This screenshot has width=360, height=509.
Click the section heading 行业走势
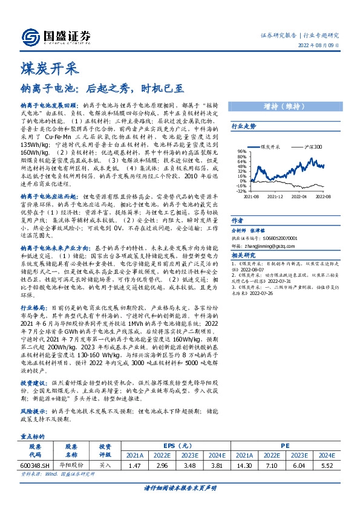(x=244, y=127)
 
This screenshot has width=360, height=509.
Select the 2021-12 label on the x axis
(x=275, y=196)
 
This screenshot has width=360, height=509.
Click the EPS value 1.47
(x=135, y=465)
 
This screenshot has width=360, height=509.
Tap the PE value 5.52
(x=327, y=465)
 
